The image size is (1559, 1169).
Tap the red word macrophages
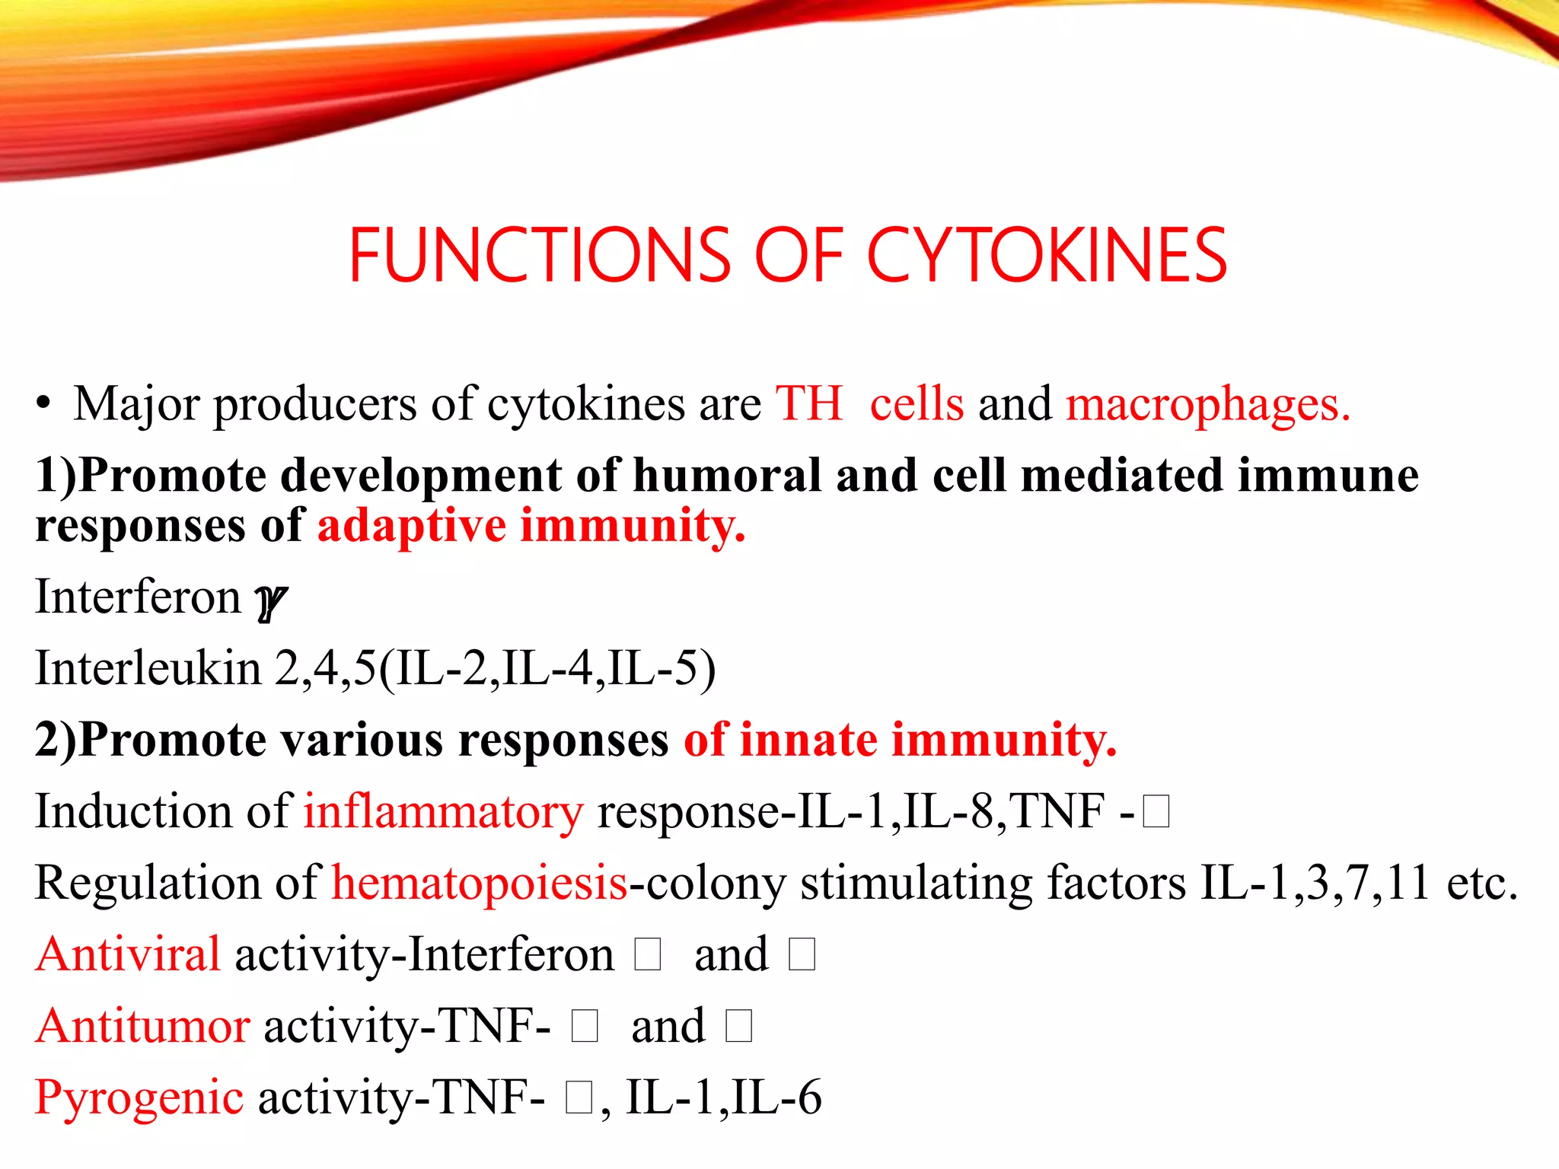click(1207, 404)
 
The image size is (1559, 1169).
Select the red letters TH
click(809, 403)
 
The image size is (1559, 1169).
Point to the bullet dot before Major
click(44, 404)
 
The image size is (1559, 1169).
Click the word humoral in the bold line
click(727, 476)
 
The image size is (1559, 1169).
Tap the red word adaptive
click(412, 527)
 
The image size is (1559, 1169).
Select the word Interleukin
click(148, 668)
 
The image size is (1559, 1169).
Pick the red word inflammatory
click(444, 812)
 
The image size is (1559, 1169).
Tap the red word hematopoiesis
click(480, 884)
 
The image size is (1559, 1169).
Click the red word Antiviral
click(128, 954)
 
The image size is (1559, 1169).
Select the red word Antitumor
click(142, 1026)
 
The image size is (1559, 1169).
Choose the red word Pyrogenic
click(139, 1098)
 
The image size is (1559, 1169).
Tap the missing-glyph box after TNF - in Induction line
click(1156, 812)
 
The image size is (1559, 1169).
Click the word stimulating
click(916, 884)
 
